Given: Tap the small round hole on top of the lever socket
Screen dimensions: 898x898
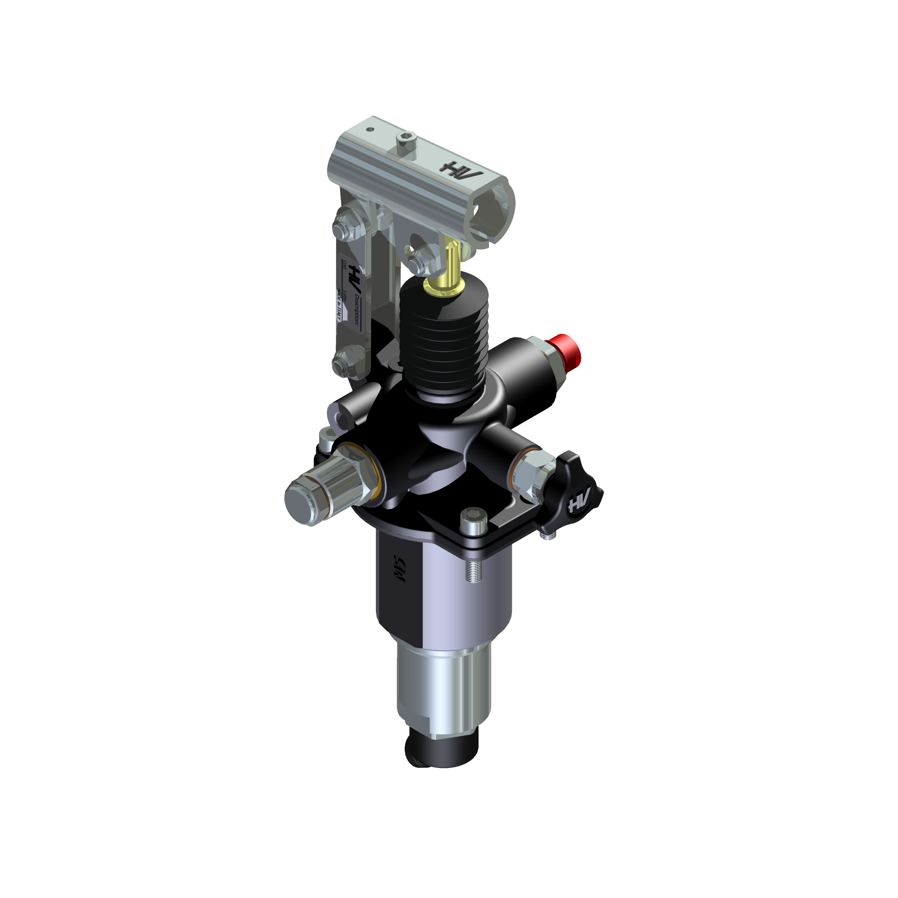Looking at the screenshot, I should [370, 130].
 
